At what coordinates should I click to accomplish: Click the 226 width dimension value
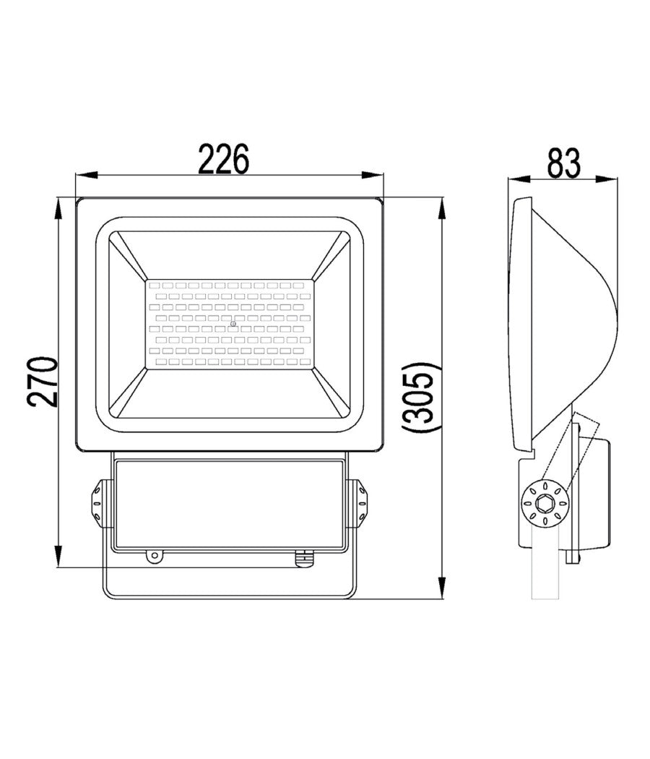pyautogui.click(x=224, y=159)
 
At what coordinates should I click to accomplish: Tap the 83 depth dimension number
pyautogui.click(x=563, y=163)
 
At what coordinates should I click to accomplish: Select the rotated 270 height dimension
pyautogui.click(x=43, y=382)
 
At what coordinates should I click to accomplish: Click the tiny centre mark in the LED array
pyautogui.click(x=233, y=324)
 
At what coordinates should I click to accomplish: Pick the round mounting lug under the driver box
pyautogui.click(x=153, y=556)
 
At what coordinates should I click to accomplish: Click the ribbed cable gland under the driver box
pyautogui.click(x=304, y=557)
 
